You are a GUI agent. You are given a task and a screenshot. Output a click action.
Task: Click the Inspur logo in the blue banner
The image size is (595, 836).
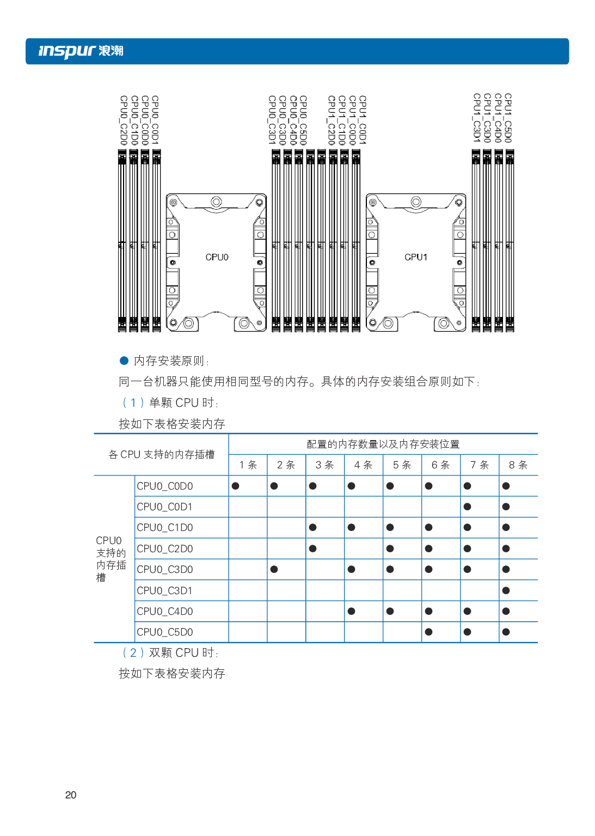[81, 51]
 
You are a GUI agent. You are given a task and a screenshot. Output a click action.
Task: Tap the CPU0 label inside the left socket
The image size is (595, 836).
[217, 257]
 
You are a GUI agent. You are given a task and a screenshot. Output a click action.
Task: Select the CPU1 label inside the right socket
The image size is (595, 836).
[416, 257]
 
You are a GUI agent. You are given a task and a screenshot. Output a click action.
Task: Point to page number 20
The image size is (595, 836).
[71, 795]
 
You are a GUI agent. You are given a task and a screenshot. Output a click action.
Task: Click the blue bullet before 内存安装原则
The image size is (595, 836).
[124, 361]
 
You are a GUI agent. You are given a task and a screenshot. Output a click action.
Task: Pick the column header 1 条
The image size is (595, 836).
[248, 465]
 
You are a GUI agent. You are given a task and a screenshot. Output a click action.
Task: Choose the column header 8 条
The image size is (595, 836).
[518, 465]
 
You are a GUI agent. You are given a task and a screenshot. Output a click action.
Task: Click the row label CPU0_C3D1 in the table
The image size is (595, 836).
[164, 590]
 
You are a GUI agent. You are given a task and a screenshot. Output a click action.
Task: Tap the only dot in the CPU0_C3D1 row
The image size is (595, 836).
[506, 590]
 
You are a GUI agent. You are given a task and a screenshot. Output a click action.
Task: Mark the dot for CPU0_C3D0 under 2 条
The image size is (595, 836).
[274, 569]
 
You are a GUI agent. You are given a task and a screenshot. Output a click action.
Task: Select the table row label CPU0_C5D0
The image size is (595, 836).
[164, 632]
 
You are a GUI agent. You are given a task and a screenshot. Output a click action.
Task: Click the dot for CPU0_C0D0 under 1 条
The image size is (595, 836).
[235, 486]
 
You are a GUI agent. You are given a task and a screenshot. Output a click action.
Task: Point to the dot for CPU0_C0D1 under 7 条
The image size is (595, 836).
[467, 507]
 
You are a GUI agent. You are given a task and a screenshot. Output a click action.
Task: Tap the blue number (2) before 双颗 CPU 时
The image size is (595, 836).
[133, 652]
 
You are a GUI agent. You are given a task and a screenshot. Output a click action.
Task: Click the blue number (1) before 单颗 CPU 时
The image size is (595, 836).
[133, 402]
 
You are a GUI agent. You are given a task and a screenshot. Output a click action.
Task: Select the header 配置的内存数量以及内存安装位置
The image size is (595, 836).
[383, 444]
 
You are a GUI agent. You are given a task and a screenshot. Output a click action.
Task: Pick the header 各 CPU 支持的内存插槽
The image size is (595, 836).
[161, 454]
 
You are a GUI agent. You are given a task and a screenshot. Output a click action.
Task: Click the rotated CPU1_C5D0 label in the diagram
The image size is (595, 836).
[508, 118]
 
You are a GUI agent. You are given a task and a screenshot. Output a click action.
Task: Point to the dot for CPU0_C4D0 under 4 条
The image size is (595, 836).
[351, 611]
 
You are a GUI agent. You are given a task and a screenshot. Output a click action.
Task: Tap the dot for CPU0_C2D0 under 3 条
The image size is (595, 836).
[312, 548]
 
